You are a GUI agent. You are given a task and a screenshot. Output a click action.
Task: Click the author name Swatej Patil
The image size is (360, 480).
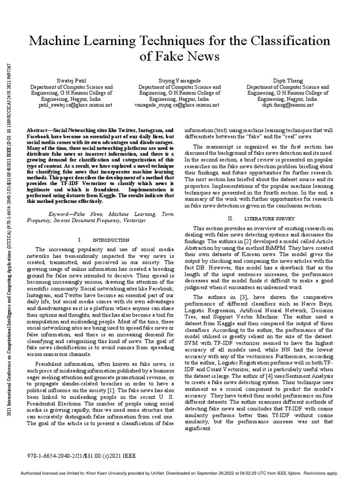coord(71,81)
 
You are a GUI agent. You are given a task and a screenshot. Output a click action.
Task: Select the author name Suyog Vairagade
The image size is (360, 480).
coord(180,81)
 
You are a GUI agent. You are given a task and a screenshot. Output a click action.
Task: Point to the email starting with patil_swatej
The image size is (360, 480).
coord(71,105)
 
